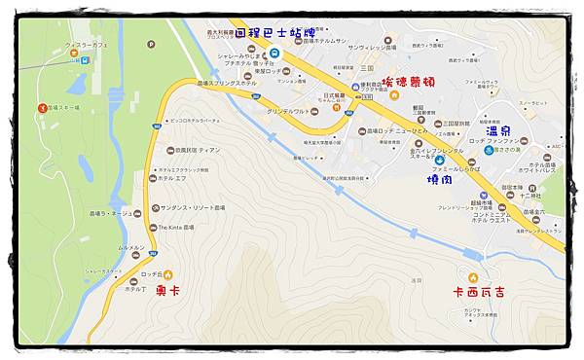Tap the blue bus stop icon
[275, 53]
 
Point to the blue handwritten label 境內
[439, 179]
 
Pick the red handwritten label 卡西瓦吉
[478, 291]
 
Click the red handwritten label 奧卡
[168, 290]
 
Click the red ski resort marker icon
[42, 107]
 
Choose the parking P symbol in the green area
[85, 59]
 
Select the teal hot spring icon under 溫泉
[489, 150]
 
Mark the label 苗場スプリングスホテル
[227, 84]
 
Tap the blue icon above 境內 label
[439, 160]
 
